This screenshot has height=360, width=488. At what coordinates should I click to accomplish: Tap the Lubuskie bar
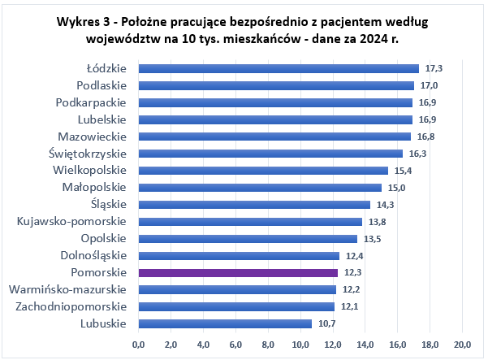pos(225,323)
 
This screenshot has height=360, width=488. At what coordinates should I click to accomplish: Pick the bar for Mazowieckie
pos(274,137)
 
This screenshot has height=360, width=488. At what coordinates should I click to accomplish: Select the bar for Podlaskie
pos(276,85)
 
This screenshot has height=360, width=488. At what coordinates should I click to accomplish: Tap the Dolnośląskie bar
pos(239,256)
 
